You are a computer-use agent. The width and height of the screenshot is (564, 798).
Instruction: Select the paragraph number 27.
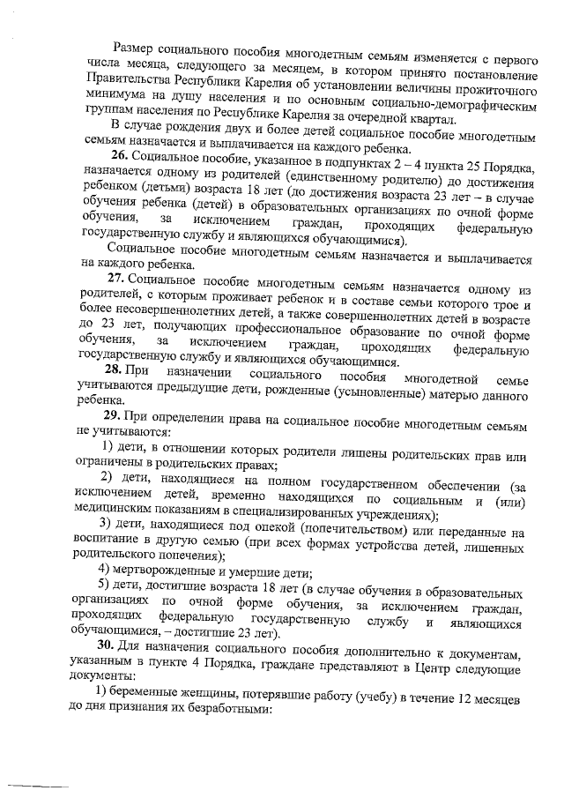[117, 278]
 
